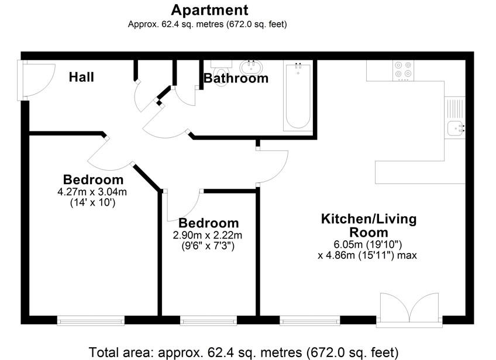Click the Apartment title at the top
(209, 10)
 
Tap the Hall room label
(81, 77)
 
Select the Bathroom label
(236, 78)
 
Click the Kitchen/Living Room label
(368, 226)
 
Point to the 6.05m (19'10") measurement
(367, 244)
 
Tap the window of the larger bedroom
(91, 320)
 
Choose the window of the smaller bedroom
(208, 320)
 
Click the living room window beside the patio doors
(309, 320)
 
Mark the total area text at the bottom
(243, 352)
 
